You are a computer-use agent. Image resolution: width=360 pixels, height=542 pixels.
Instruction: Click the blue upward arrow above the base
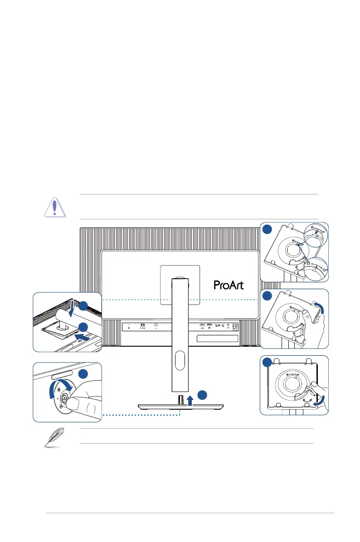coord(191,399)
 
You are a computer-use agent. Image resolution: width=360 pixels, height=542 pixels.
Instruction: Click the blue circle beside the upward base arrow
coord(204,394)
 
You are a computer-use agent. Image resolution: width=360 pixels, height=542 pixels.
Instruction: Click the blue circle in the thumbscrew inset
coord(83,374)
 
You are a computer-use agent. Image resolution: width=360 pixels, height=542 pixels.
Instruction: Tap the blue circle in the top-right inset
coord(267,229)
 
